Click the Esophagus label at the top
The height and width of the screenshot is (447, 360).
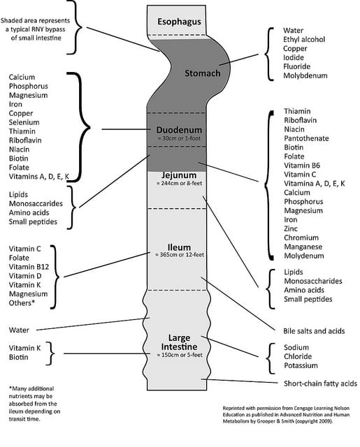[179, 22]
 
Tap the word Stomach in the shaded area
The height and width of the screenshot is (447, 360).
[203, 73]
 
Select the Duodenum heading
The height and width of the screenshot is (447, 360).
[179, 130]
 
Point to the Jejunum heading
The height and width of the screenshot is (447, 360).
[179, 175]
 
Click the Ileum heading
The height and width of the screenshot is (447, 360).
[179, 247]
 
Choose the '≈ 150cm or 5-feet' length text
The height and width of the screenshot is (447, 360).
[180, 355]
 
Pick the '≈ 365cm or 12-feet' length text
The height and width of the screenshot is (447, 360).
[180, 254]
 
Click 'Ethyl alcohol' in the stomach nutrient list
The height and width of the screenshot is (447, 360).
[304, 39]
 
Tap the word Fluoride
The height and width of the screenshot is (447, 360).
[296, 66]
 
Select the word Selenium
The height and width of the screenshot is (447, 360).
[24, 122]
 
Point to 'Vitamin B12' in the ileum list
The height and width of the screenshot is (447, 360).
[29, 267]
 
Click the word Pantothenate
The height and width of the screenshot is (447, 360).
[306, 138]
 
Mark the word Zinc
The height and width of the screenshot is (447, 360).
[291, 228]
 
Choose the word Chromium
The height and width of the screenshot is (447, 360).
[301, 237]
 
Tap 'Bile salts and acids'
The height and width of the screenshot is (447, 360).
[314, 331]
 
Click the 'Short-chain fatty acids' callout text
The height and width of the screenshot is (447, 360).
[320, 383]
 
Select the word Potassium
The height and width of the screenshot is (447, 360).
[301, 365]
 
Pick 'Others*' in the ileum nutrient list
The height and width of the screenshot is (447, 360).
[22, 302]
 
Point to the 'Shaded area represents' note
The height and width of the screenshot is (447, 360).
[36, 21]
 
